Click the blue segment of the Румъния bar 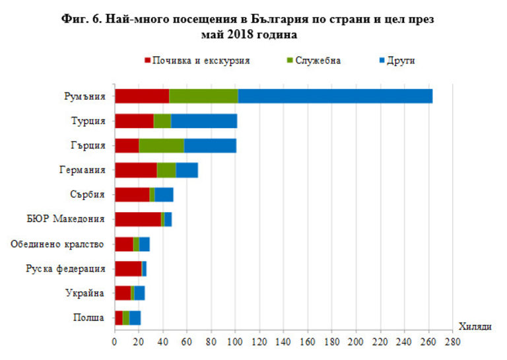(335, 96)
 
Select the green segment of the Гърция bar (161, 145)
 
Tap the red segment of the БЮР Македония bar (137, 219)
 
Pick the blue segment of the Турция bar (204, 121)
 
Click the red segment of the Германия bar (135, 170)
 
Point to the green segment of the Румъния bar (203, 96)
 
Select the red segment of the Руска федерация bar (128, 268)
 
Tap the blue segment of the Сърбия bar (164, 194)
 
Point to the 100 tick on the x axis (236, 343)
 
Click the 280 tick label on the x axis (453, 343)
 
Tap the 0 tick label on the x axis (115, 343)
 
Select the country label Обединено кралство (57, 244)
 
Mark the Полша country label (88, 318)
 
